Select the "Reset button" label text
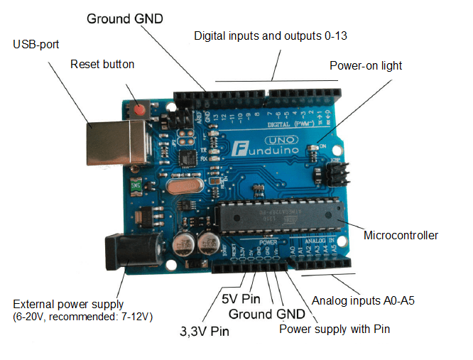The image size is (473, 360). tap(102, 64)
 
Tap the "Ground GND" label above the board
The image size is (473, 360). tap(124, 18)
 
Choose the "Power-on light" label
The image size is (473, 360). tap(366, 65)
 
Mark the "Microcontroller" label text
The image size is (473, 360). tap(401, 235)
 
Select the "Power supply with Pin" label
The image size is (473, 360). tap(335, 329)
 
